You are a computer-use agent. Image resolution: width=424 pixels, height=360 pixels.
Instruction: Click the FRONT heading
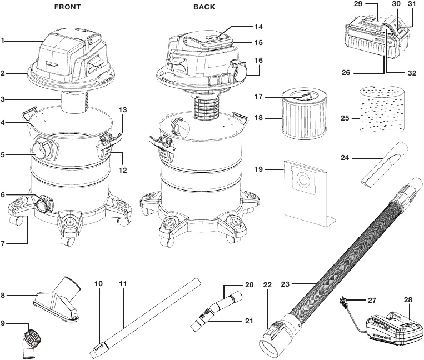(68, 7)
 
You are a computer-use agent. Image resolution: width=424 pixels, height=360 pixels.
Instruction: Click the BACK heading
(204, 7)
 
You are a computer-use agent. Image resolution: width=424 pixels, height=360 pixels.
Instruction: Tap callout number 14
(258, 27)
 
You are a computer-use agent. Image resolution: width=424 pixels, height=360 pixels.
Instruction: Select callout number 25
(345, 118)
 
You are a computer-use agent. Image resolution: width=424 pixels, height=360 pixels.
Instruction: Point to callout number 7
(3, 243)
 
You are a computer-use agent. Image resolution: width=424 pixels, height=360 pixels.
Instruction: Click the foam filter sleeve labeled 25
(382, 109)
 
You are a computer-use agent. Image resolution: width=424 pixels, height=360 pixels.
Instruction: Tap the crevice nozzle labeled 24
(384, 164)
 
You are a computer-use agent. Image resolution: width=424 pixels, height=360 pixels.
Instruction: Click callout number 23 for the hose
(286, 284)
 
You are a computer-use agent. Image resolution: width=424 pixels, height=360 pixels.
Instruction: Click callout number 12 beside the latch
(122, 170)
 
